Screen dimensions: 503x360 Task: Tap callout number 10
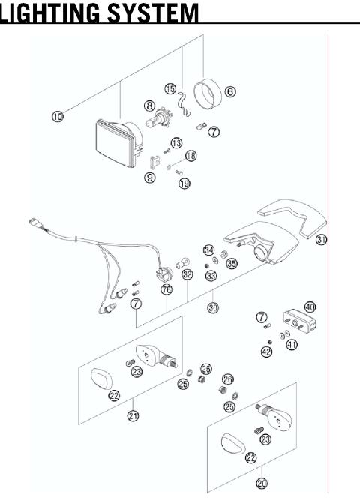[58, 115]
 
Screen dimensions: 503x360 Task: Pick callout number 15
[169, 90]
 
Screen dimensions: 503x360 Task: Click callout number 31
[322, 240]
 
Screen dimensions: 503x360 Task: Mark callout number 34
[209, 250]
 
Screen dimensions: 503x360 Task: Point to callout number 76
[166, 289]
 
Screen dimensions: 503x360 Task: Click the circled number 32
[187, 275]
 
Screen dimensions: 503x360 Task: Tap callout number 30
[213, 307]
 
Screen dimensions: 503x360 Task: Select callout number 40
[310, 307]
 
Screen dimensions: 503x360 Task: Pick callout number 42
[266, 351]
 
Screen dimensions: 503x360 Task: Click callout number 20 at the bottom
[262, 484]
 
